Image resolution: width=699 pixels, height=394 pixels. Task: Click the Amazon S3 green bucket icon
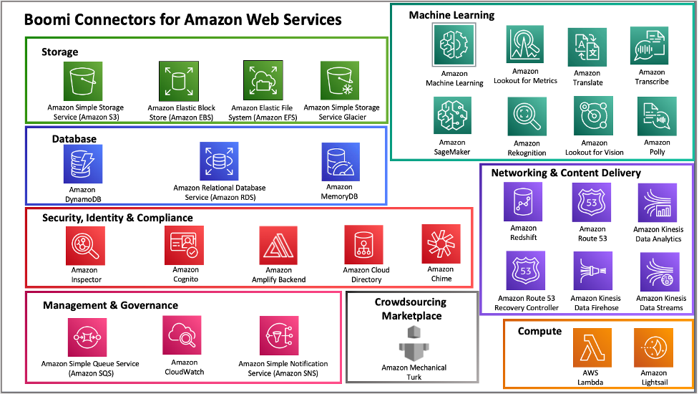pos(83,80)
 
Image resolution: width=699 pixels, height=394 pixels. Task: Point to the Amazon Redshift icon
pos(524,202)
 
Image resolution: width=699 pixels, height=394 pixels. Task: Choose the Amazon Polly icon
pos(656,115)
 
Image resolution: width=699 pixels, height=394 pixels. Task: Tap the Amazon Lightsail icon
pos(653,347)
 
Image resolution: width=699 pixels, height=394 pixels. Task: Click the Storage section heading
pos(60,52)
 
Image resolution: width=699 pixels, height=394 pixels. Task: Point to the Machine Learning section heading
pos(451,14)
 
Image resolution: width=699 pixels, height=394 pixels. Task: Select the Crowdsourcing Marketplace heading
pos(411,309)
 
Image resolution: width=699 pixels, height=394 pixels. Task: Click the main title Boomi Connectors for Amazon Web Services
pos(183,20)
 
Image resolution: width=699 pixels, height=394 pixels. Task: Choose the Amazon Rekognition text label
pos(527,148)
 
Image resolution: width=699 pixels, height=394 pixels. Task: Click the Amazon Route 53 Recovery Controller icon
pos(526,270)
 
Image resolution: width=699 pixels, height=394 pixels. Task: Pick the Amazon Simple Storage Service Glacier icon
pos(341,80)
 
